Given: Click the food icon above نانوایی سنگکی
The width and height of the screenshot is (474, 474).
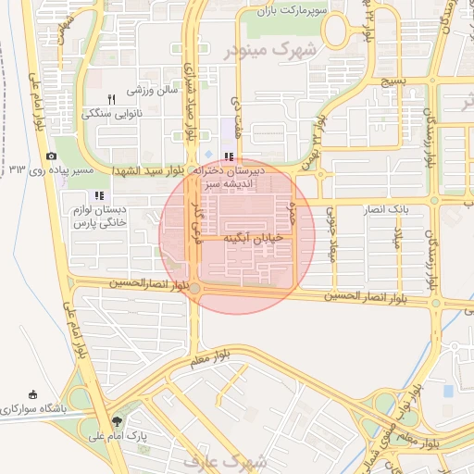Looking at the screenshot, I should [111, 99].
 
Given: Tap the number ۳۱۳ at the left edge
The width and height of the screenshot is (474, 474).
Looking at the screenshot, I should [18, 169].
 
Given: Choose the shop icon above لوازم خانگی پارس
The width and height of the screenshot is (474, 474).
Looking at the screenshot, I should [98, 195].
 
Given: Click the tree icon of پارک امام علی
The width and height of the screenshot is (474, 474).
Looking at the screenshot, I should [115, 420].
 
